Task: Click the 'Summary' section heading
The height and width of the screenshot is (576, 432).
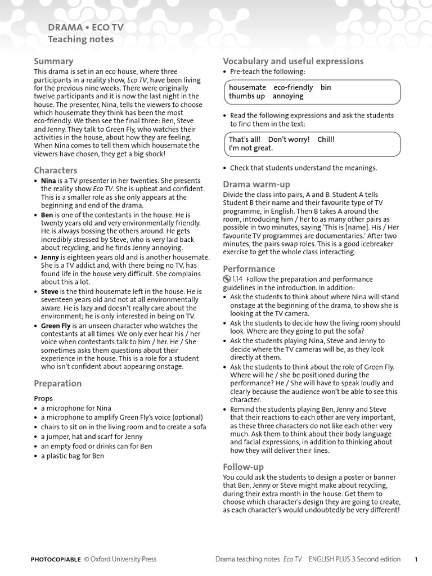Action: click(53, 61)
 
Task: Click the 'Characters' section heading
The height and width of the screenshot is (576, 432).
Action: click(56, 170)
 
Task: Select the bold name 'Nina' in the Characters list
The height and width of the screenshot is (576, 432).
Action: click(48, 181)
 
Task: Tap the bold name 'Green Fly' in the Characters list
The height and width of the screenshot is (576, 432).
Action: click(56, 326)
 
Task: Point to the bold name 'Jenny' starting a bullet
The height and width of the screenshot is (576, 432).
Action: click(50, 257)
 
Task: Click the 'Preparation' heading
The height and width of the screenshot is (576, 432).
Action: click(57, 384)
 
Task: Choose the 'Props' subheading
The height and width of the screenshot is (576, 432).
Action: click(43, 398)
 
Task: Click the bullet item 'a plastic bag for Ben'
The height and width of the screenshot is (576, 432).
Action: click(72, 456)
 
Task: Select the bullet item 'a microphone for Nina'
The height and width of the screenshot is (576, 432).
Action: click(76, 408)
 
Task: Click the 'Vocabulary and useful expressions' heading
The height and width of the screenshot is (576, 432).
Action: click(293, 61)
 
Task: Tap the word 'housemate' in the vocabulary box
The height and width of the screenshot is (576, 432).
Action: click(247, 88)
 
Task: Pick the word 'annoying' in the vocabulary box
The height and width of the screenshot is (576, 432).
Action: click(288, 96)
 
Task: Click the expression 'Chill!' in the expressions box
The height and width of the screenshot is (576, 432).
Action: click(326, 139)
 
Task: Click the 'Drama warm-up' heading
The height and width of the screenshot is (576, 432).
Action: click(256, 184)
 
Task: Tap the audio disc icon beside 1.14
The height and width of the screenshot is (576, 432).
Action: click(227, 279)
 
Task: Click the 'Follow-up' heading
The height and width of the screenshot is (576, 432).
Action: click(243, 467)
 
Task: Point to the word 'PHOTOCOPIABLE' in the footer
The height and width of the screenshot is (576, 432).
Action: click(56, 559)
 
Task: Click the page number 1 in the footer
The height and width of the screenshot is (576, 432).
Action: click(416, 559)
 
